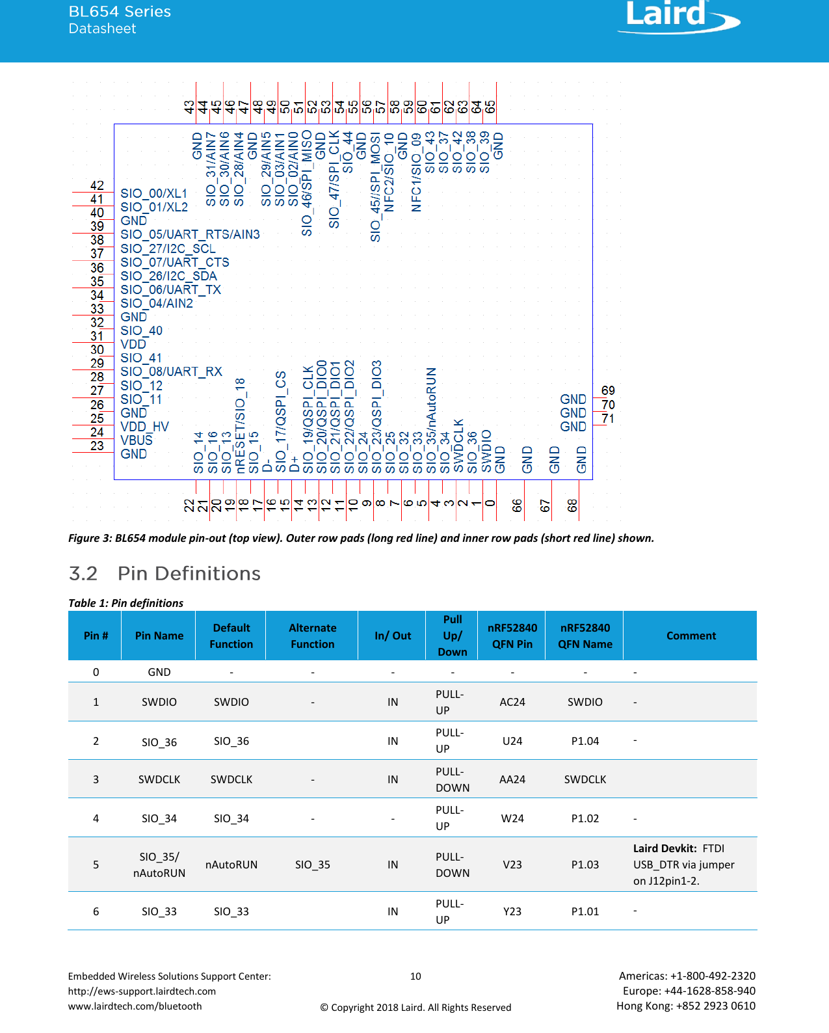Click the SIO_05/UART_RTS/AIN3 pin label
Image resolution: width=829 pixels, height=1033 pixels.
click(190, 234)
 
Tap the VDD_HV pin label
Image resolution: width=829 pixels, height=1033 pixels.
click(144, 427)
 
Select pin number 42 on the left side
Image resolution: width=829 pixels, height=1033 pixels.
click(97, 185)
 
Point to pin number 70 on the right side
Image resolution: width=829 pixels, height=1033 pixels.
click(608, 405)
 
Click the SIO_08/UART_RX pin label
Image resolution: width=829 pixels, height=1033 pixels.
click(171, 371)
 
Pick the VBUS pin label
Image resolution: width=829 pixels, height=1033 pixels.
click(137, 440)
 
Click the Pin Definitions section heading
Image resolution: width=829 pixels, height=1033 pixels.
click(189, 574)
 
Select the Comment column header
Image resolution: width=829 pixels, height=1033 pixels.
click(691, 636)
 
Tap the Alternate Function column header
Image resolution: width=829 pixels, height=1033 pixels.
click(312, 636)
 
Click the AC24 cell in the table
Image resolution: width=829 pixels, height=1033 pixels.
click(512, 702)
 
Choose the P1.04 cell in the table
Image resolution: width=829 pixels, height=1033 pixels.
click(585, 741)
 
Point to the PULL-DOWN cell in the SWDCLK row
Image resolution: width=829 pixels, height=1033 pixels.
click(452, 779)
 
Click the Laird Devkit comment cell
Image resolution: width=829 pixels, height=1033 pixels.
click(683, 865)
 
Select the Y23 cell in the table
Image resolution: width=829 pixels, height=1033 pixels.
click(512, 911)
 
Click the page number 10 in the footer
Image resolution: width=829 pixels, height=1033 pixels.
click(415, 976)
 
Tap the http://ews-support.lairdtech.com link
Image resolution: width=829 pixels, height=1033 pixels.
click(142, 991)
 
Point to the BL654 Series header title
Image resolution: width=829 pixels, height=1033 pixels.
click(120, 12)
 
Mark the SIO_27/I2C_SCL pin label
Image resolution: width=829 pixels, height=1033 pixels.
click(168, 248)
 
